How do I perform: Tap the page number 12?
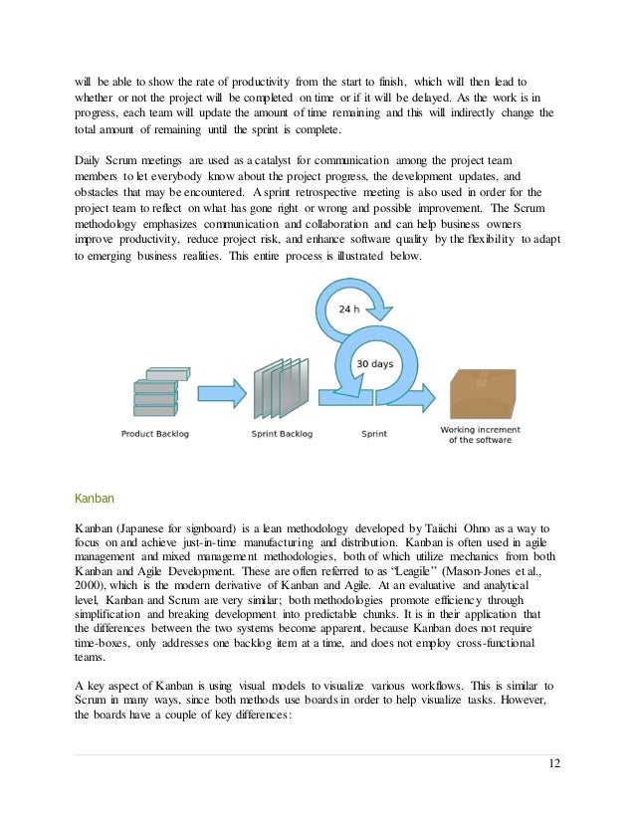[x=554, y=762]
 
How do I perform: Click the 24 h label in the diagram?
[x=346, y=308]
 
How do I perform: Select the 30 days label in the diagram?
[x=374, y=365]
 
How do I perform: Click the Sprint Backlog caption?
[x=275, y=434]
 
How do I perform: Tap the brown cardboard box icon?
[x=483, y=392]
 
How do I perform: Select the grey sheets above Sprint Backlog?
[x=276, y=394]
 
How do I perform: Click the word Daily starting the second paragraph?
[x=91, y=159]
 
